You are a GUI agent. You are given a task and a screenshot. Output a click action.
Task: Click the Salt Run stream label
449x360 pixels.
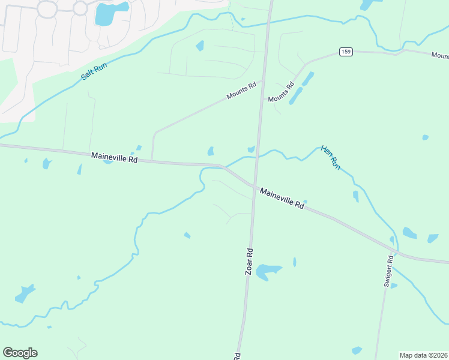pos(95,69)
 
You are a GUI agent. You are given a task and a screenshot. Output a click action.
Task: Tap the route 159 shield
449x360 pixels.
pos(345,52)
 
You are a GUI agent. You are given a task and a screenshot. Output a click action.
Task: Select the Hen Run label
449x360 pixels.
pos(331,157)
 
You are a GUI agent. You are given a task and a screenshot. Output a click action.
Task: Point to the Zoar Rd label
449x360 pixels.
pos(249,262)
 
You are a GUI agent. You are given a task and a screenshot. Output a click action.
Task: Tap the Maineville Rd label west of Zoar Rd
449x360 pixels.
pos(115,157)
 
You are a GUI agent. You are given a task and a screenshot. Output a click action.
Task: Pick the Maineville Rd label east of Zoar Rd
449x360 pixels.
pos(282,197)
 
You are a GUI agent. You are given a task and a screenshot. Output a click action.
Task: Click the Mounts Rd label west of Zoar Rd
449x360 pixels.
pos(241,91)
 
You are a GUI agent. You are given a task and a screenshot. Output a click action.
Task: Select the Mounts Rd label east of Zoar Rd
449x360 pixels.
pos(281,91)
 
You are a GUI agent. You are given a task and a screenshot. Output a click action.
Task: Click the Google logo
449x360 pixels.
pos(20,352)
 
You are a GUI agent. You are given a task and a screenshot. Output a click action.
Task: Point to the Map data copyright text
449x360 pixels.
pos(423,355)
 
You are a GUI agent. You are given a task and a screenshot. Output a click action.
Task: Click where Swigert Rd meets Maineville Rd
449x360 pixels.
pos(396,252)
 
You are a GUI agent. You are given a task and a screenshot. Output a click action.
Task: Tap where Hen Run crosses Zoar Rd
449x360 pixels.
pos(258,157)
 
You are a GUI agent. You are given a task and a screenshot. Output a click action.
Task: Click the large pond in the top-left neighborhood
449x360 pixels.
pos(110,13)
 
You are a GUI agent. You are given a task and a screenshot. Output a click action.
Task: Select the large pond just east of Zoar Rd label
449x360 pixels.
pos(268,272)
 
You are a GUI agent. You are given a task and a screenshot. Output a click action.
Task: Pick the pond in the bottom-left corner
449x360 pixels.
pos(25,293)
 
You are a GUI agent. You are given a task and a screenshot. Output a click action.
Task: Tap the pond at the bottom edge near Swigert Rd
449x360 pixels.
pos(357,350)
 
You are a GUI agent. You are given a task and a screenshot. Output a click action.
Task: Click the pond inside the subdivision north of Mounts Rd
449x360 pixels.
pos(200,46)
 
